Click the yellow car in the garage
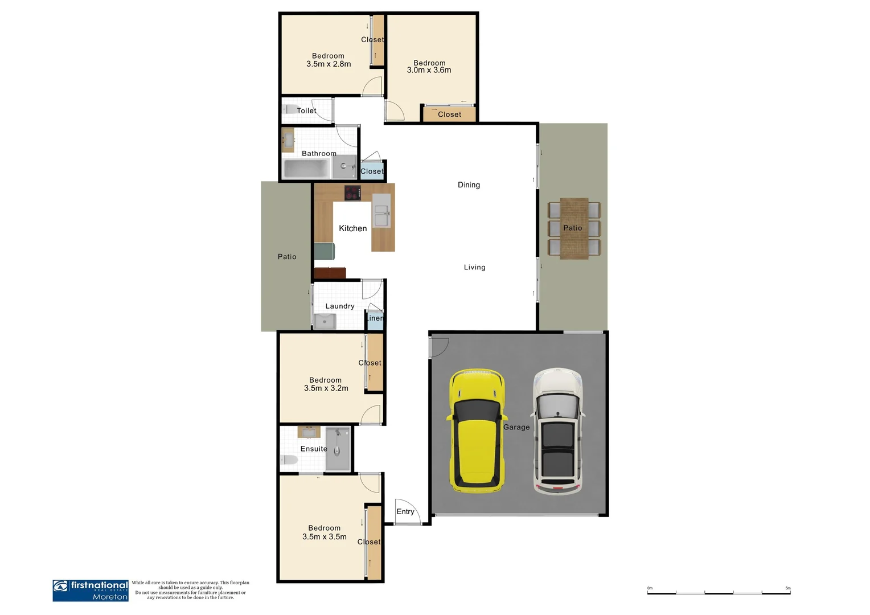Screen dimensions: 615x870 (477, 430)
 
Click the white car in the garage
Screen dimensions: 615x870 (557, 430)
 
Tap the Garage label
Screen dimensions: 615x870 (516, 427)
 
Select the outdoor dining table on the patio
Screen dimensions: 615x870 (573, 228)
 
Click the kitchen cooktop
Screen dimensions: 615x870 (352, 193)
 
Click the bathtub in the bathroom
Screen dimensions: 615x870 (307, 169)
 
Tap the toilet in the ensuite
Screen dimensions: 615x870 (289, 460)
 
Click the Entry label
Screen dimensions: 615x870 (405, 511)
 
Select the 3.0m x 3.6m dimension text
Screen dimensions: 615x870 (429, 70)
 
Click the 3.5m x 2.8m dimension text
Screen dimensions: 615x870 (329, 64)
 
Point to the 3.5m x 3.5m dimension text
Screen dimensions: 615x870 (324, 536)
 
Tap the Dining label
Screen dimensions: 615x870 (469, 184)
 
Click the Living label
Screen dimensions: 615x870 (474, 267)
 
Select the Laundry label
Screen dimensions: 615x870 (340, 306)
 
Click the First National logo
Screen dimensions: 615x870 (91, 591)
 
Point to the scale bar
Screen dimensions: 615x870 (719, 593)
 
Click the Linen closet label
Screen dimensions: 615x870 (375, 318)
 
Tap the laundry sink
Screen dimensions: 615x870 (325, 322)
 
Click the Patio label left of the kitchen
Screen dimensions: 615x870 (287, 257)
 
